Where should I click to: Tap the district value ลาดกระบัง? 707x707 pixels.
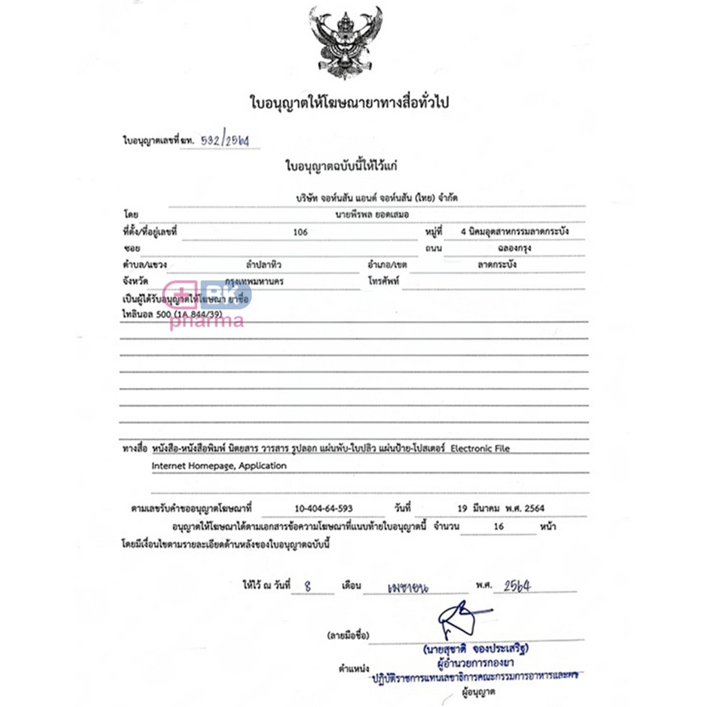pos(496,264)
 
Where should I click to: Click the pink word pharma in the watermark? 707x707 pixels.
pos(206,321)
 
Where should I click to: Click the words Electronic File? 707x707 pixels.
pos(481,448)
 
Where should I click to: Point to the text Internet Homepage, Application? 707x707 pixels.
pos(219,466)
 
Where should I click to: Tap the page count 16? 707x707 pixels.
pos(499,526)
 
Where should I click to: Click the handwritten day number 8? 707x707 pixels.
pos(309,585)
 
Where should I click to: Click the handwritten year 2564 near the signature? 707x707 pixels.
pos(517,585)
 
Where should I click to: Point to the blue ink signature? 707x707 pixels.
pos(461,619)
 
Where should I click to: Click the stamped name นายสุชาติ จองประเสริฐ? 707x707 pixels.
pos(481,650)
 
